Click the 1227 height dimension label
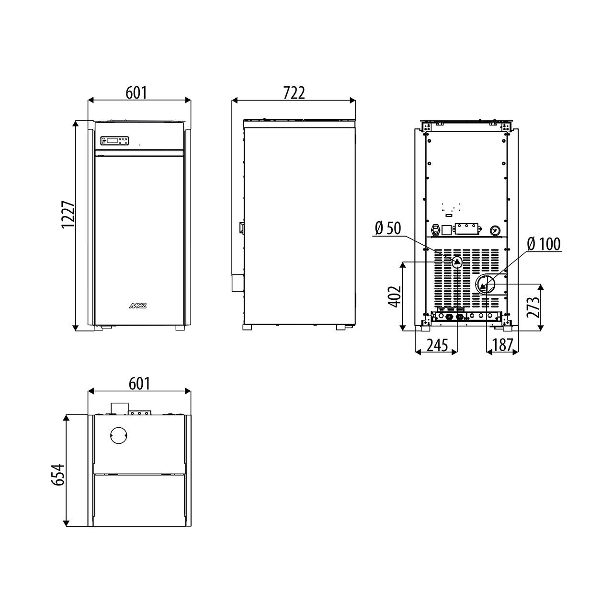point(68,215)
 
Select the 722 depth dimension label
point(294,92)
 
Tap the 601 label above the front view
point(136,92)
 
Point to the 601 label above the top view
point(139,384)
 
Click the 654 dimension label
point(58,475)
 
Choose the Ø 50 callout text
point(388,228)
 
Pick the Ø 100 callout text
point(544,244)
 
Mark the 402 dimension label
point(395,296)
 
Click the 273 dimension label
point(534,307)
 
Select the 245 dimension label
point(437,345)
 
